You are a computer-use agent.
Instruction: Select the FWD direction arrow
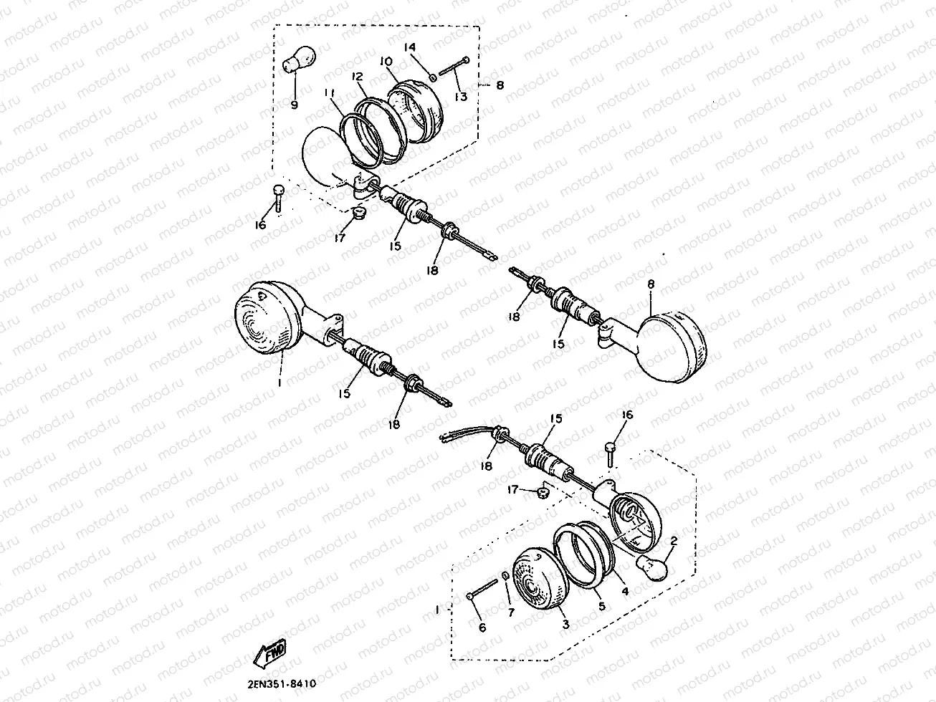tap(269, 653)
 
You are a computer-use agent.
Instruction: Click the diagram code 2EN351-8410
tap(282, 684)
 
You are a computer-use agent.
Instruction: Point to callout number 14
tap(409, 47)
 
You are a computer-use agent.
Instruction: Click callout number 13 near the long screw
tap(461, 97)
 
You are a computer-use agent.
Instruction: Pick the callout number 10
tap(386, 62)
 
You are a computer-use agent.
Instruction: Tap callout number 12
tap(358, 77)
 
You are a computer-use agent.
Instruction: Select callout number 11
tap(328, 92)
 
